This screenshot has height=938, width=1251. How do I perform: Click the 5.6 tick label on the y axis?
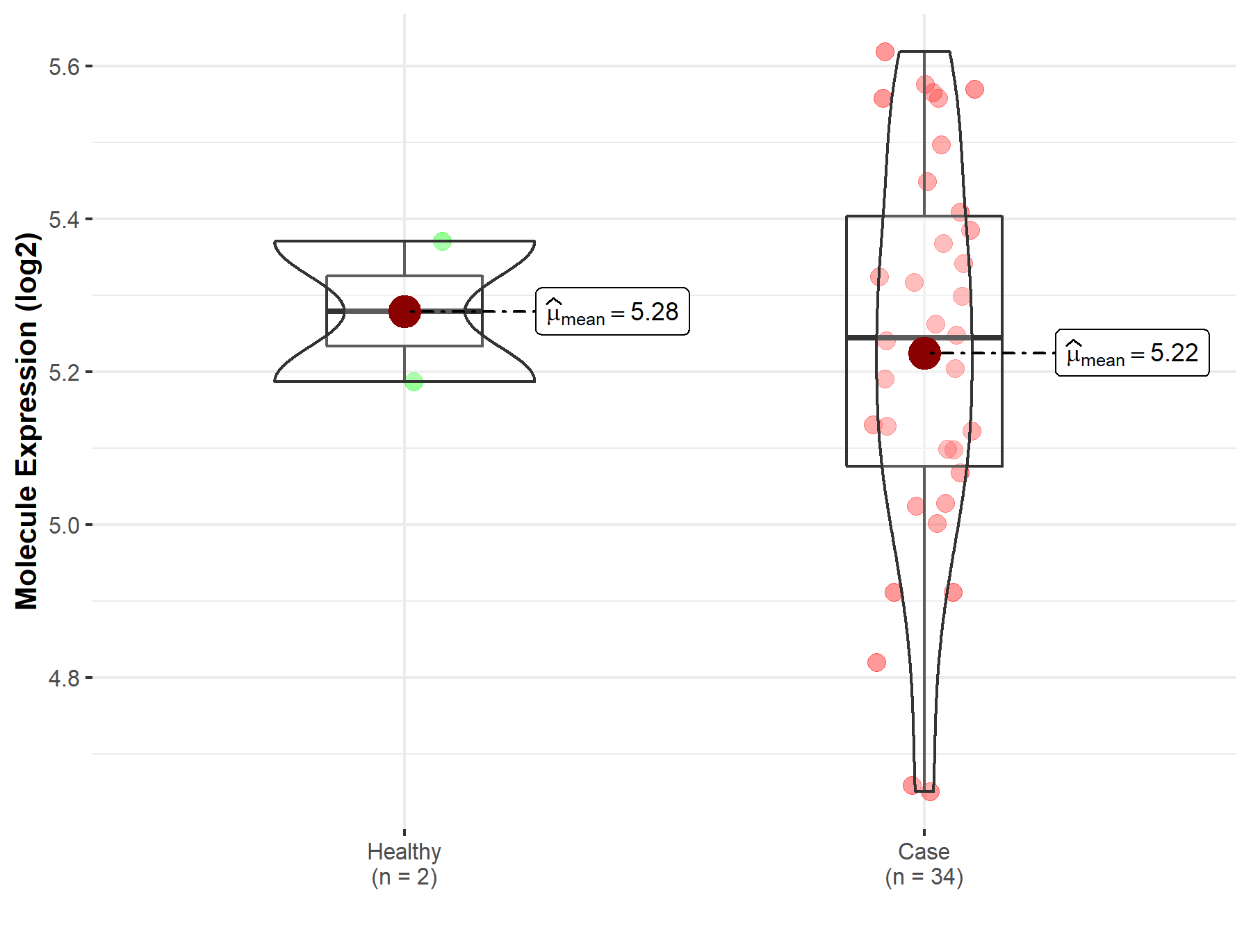[64, 67]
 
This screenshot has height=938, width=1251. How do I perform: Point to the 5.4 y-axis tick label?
[64, 220]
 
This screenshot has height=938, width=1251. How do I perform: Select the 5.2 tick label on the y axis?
[64, 372]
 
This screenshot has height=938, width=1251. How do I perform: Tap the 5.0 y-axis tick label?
[64, 525]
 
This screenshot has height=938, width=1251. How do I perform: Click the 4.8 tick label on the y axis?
[64, 678]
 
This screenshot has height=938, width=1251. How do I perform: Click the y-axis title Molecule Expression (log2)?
[26, 421]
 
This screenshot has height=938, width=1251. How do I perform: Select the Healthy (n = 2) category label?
[404, 864]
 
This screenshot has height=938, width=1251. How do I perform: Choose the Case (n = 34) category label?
[924, 864]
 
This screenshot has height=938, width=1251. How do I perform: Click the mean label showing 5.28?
[612, 311]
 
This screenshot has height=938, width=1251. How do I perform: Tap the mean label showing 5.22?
[1132, 353]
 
